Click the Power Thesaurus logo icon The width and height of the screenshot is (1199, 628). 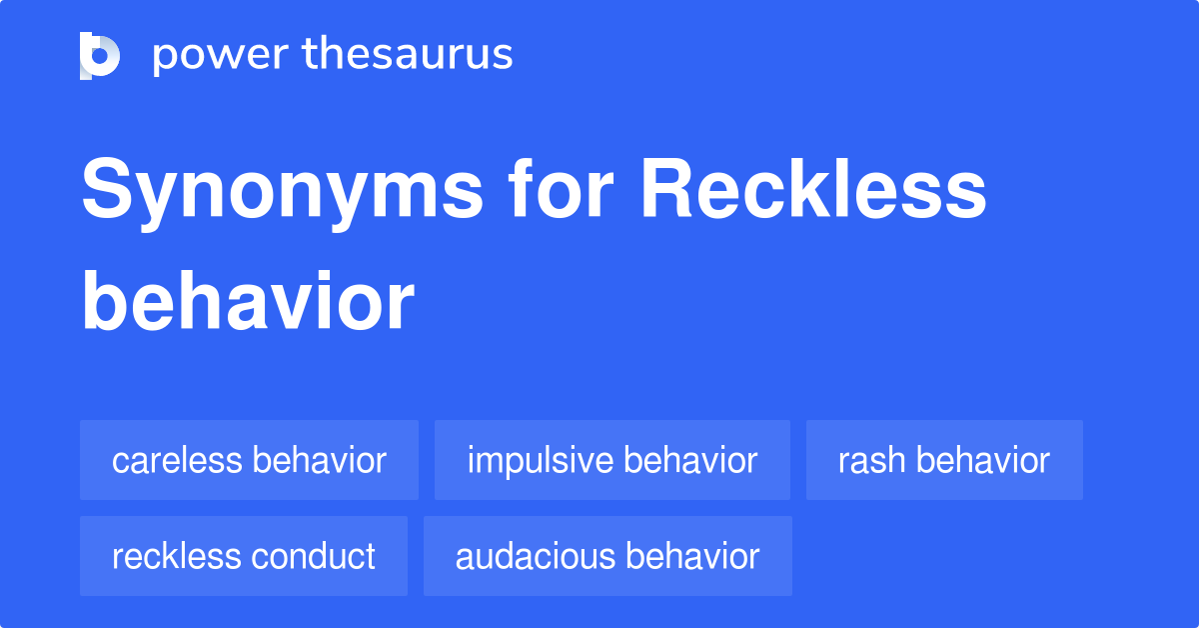(100, 55)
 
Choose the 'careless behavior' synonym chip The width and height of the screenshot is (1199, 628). (249, 461)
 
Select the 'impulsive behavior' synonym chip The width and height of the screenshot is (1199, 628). (611, 461)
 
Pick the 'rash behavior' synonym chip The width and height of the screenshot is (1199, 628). (944, 461)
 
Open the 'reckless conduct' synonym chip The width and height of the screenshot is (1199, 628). (244, 556)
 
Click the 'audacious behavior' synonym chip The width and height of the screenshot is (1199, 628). (607, 556)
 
